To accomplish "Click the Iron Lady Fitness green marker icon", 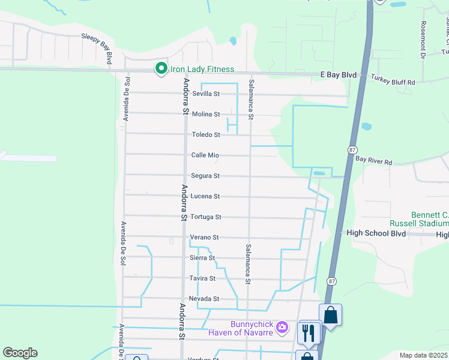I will click(161, 70).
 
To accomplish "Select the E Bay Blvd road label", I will click(338, 75).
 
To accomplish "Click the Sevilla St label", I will click(206, 94).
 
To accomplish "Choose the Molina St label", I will click(206, 115).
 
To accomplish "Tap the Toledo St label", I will click(206, 135).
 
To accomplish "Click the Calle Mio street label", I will click(205, 155).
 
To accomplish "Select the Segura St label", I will click(205, 176).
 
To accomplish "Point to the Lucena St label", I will click(205, 196).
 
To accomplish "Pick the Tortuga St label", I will click(206, 217).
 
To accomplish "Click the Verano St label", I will click(205, 238).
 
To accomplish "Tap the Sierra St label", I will click(202, 258).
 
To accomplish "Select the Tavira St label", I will click(202, 278).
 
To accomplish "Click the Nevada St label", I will click(204, 299).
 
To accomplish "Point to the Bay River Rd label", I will click(373, 161).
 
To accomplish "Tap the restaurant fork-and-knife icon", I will click(309, 332).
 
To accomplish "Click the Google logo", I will click(20, 353).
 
